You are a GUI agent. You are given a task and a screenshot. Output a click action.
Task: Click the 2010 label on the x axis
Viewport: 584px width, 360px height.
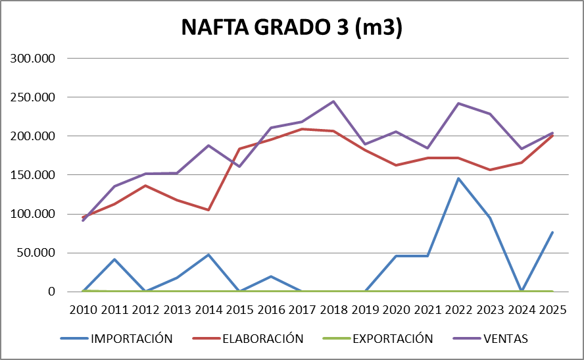(84, 310)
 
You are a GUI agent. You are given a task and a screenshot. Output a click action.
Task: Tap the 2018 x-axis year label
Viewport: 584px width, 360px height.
(333, 310)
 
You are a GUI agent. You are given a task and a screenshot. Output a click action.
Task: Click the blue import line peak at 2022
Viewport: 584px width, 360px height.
(458, 178)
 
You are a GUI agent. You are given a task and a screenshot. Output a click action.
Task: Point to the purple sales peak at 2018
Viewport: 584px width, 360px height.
(333, 101)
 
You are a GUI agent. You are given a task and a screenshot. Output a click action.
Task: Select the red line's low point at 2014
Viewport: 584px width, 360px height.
(208, 210)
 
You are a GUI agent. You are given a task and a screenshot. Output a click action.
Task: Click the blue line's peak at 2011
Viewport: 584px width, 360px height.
(115, 259)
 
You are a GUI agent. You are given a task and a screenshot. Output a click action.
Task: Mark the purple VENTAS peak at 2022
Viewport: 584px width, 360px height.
(458, 103)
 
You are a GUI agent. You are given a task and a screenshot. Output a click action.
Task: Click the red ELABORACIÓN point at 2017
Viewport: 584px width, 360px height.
(302, 129)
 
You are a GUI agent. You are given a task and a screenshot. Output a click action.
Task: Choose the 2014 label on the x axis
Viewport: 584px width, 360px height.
(208, 310)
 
